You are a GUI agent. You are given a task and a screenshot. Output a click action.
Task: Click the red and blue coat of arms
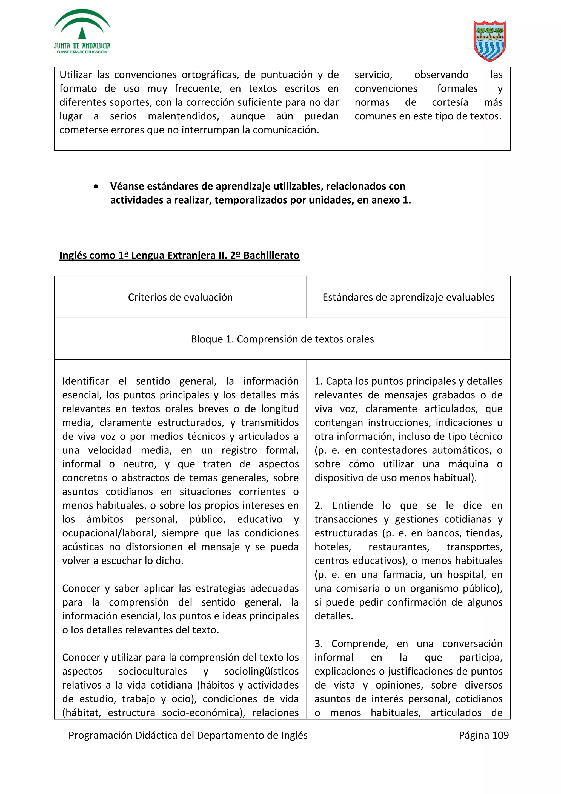[x=490, y=41]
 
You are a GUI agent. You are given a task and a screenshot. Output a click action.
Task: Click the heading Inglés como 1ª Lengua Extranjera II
[x=179, y=255]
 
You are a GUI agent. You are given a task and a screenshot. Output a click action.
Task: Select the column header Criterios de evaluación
[x=180, y=297]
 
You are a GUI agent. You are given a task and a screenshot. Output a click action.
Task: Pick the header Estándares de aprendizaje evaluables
[x=408, y=297]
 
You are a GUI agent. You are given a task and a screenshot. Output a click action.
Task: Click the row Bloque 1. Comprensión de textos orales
[x=282, y=339]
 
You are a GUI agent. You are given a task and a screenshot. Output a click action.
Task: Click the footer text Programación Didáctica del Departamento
[x=188, y=735]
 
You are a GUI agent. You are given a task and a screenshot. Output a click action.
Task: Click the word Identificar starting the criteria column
[x=85, y=381]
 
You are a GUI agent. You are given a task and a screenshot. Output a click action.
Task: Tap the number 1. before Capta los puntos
[x=318, y=381]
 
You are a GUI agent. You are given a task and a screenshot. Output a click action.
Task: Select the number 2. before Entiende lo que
[x=318, y=505]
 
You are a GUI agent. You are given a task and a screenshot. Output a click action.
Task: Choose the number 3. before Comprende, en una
[x=318, y=644]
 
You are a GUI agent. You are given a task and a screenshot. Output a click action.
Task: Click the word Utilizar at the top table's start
[x=76, y=75]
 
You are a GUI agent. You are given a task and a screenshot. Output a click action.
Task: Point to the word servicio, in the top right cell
[x=373, y=75]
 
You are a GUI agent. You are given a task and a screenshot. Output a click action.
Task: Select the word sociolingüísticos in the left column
[x=261, y=671]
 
